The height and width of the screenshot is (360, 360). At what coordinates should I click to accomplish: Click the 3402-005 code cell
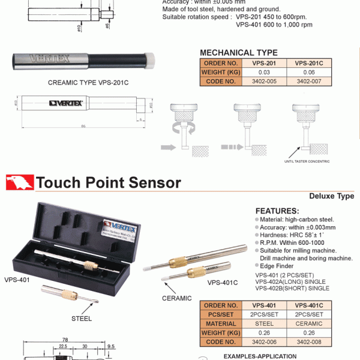(265, 81)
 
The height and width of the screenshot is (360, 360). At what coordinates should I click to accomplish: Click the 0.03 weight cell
(265, 72)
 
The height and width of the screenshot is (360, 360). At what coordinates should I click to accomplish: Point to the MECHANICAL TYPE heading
(238, 53)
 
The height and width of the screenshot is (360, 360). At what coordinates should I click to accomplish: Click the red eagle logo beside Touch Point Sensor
(19, 182)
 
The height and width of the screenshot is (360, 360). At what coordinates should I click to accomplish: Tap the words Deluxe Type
(331, 196)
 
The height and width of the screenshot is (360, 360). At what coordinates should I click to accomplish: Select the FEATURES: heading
(277, 211)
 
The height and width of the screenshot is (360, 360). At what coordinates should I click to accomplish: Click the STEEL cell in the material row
(265, 323)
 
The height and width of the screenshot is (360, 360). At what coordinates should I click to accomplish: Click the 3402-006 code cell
(265, 341)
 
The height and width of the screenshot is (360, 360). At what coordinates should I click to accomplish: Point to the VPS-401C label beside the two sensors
(223, 282)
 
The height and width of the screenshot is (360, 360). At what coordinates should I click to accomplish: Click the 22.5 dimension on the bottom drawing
(63, 346)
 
